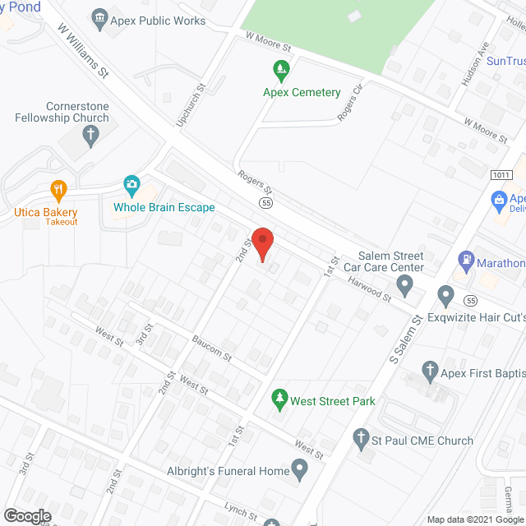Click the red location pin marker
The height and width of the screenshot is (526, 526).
pyautogui.click(x=261, y=243)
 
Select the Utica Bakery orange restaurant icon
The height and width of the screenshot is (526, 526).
pyautogui.click(x=58, y=191)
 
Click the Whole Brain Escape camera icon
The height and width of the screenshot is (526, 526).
pyautogui.click(x=131, y=184)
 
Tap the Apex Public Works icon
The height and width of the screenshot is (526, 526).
pyautogui.click(x=99, y=18)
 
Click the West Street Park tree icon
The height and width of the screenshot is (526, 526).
pyautogui.click(x=281, y=399)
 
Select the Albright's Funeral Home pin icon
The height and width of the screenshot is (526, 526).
pyautogui.click(x=300, y=471)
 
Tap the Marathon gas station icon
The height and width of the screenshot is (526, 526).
pyautogui.click(x=466, y=263)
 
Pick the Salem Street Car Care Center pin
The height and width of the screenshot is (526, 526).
pyautogui.click(x=404, y=286)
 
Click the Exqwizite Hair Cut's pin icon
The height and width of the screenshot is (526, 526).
pyautogui.click(x=445, y=295)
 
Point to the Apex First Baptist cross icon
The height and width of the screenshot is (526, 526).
pyautogui.click(x=430, y=371)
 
